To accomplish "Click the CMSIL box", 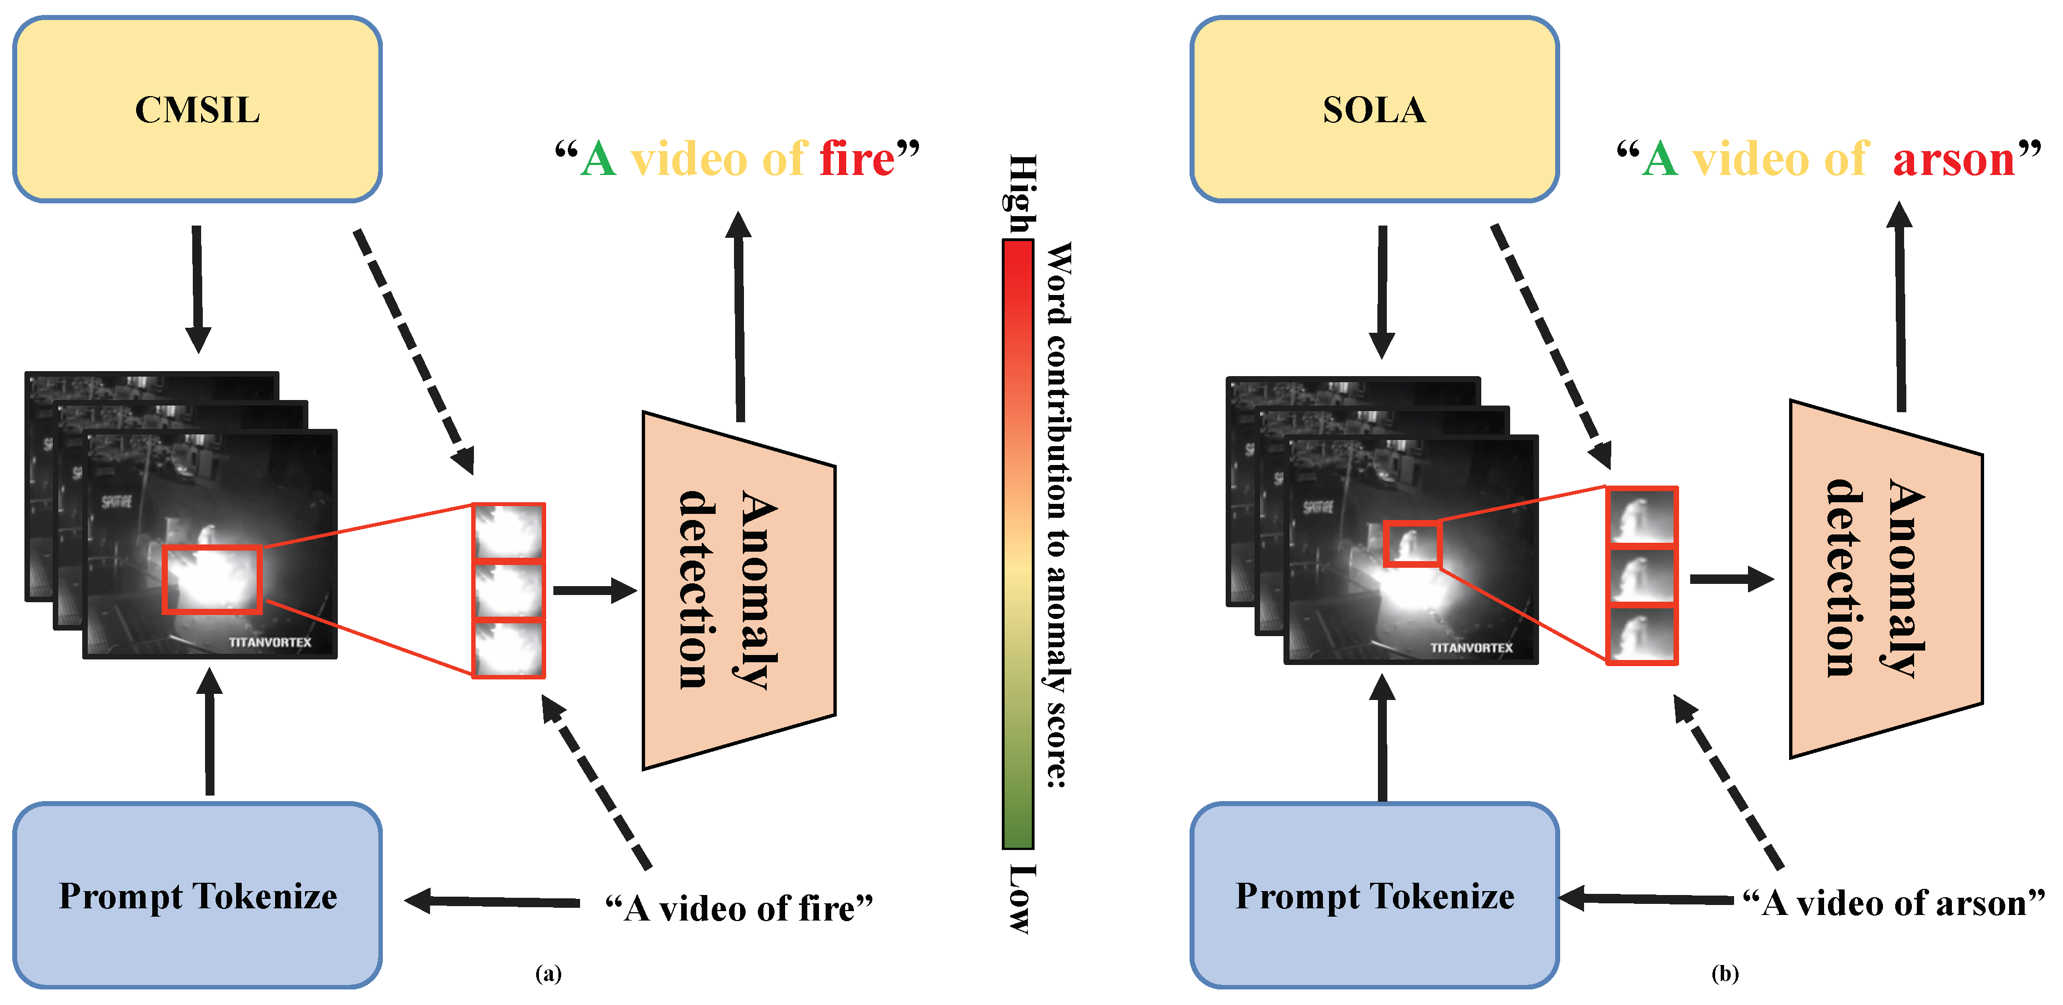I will (197, 109).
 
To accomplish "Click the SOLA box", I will (1373, 109).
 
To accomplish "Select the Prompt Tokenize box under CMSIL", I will (197, 896).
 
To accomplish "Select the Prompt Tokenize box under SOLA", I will (1373, 896).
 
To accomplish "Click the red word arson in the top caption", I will (1952, 158).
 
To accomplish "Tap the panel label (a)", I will (548, 973).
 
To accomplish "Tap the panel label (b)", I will (1725, 973).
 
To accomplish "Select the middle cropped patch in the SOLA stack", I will (1642, 576).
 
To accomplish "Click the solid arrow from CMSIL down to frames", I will (197, 288).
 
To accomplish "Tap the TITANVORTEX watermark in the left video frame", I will (270, 642).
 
